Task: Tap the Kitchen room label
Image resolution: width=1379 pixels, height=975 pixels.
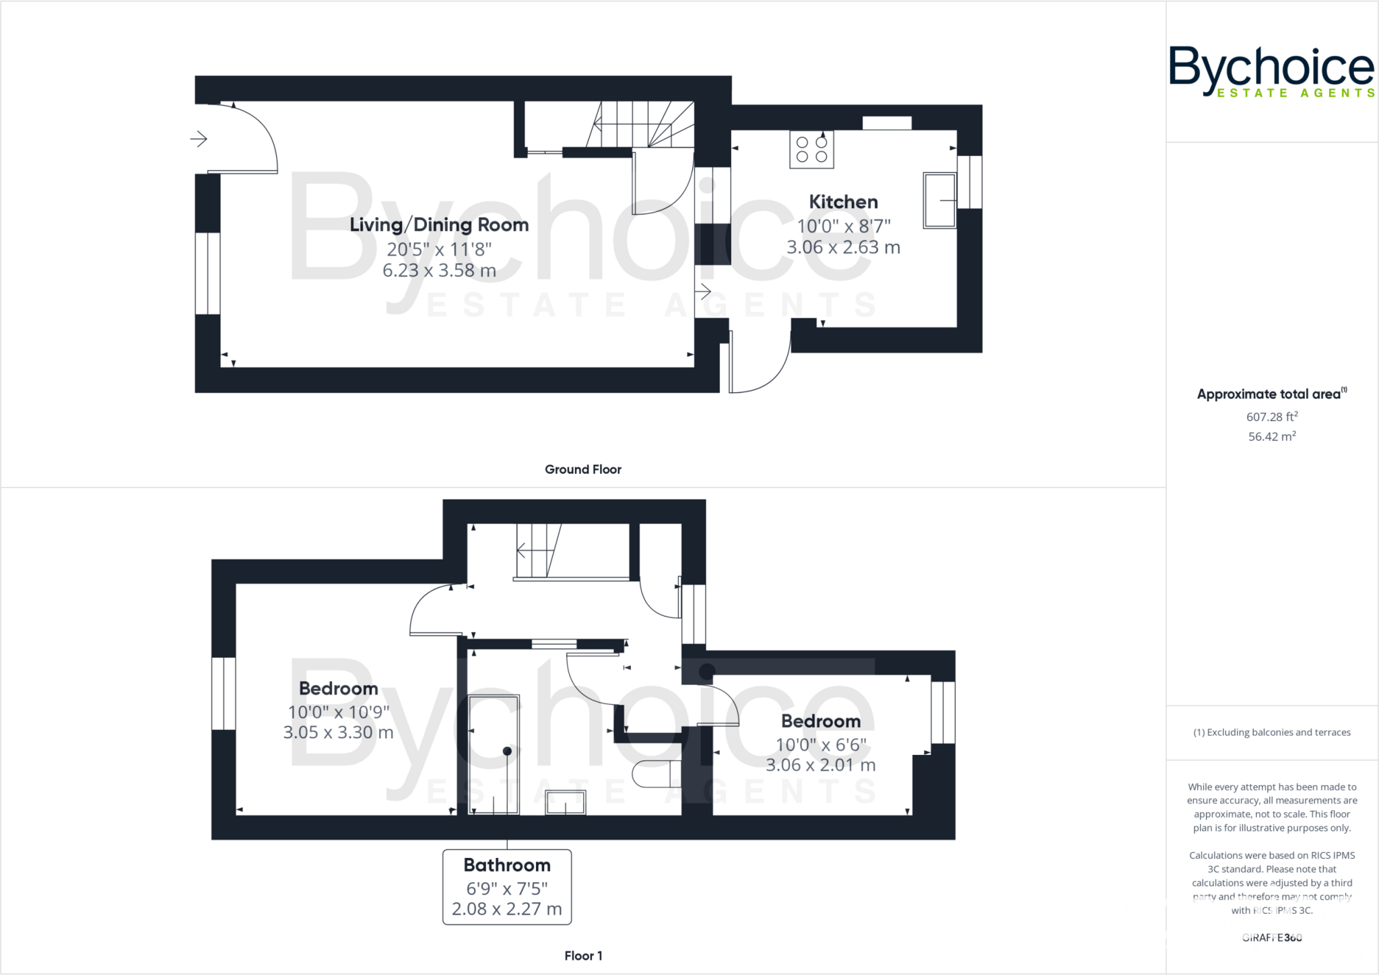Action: click(843, 202)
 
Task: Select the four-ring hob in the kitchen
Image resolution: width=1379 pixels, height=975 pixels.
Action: click(811, 149)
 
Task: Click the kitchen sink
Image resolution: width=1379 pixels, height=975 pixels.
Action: click(939, 201)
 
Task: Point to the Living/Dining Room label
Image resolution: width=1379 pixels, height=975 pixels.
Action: click(439, 225)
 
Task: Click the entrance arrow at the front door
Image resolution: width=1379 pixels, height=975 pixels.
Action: click(199, 139)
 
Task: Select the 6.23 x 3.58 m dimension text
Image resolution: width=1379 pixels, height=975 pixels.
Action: click(439, 270)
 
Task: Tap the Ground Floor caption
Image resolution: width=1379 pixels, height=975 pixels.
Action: click(582, 470)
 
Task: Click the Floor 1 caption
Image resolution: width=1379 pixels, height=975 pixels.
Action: click(583, 955)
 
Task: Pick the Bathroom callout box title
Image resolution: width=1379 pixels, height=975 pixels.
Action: click(507, 865)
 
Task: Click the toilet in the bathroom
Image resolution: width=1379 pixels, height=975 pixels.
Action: click(657, 774)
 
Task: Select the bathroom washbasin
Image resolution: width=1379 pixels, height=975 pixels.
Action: click(566, 802)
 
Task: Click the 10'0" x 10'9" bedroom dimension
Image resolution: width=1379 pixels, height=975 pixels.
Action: click(339, 712)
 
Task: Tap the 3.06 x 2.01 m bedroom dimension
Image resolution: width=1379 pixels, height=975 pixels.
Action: click(820, 765)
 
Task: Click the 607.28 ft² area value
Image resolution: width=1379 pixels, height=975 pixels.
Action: click(1271, 417)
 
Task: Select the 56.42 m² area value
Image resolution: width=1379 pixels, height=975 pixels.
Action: click(1271, 437)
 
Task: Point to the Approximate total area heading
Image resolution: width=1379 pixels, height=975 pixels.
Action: click(1270, 394)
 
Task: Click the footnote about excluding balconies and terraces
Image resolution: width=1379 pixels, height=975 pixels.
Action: click(1271, 733)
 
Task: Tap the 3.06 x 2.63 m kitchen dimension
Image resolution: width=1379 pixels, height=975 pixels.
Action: click(843, 248)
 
